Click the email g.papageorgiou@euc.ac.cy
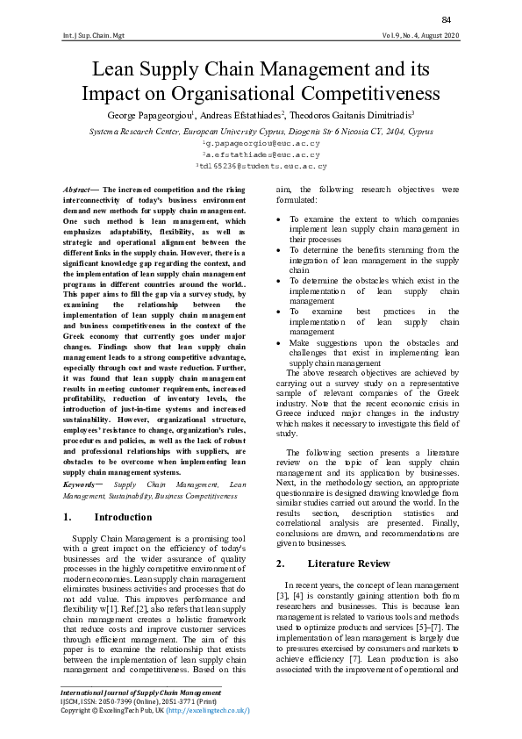pyautogui.click(x=261, y=141)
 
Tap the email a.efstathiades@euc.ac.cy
pyautogui.click(x=261, y=153)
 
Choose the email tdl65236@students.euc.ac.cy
pyautogui.click(x=261, y=164)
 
